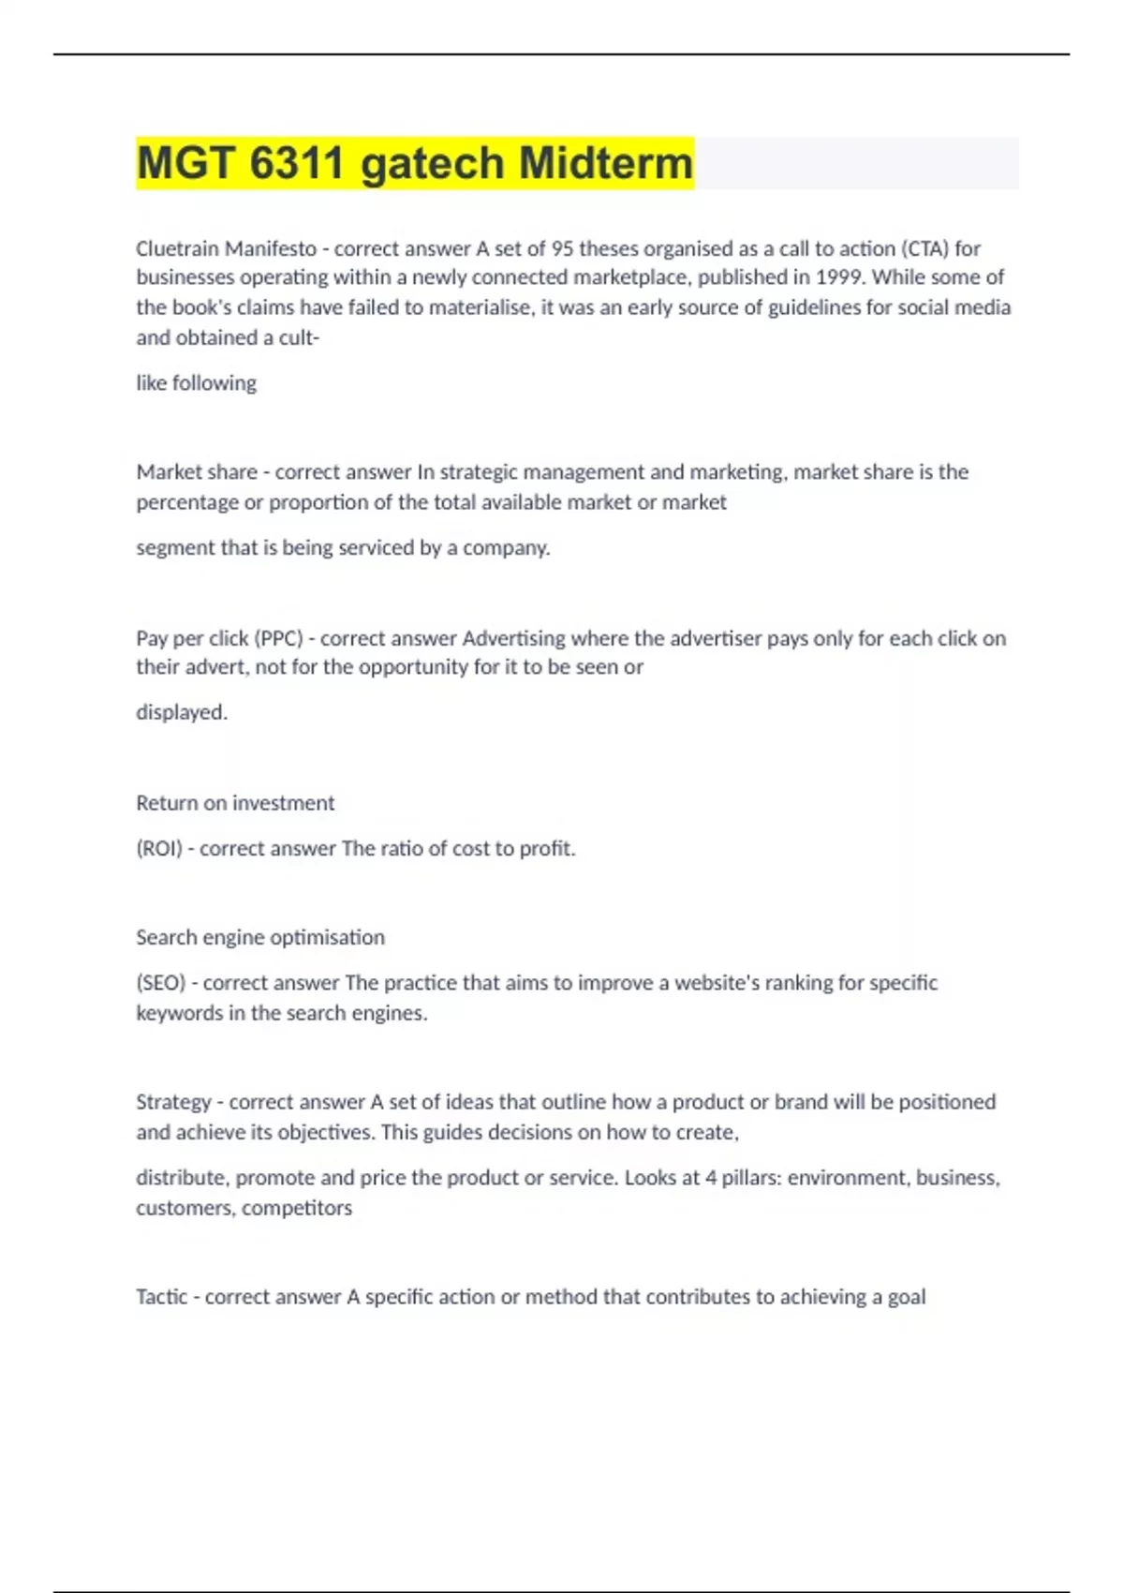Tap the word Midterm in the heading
click(x=606, y=163)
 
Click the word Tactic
click(x=162, y=1297)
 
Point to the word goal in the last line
click(x=906, y=1297)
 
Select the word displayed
click(x=182, y=712)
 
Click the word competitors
click(x=297, y=1208)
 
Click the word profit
click(x=547, y=848)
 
